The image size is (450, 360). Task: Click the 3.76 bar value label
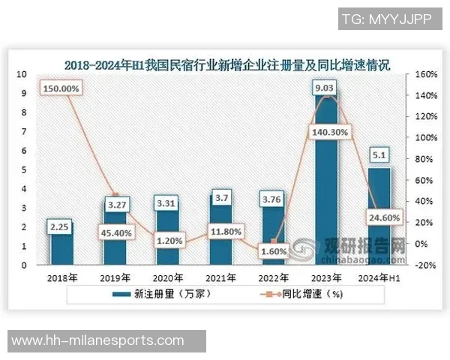pyautogui.click(x=274, y=199)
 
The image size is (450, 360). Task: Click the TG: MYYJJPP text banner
pyautogui.click(x=385, y=17)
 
